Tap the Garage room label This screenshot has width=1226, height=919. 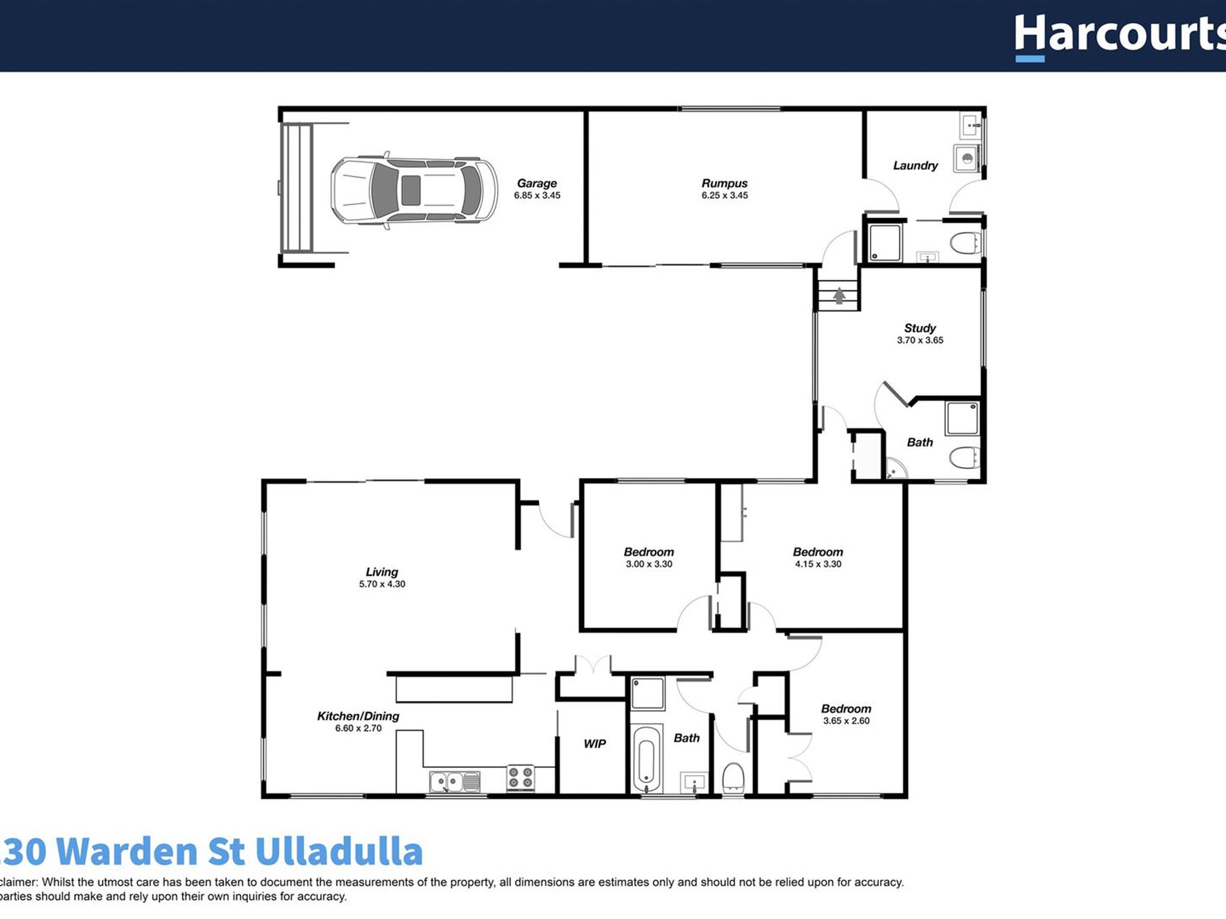click(x=536, y=184)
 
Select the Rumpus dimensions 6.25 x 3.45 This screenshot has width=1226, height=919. click(x=725, y=195)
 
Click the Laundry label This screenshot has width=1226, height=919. click(x=915, y=166)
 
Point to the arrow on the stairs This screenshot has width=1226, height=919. click(x=839, y=296)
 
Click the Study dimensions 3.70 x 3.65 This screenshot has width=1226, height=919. click(x=919, y=341)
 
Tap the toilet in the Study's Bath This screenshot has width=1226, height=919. click(x=965, y=458)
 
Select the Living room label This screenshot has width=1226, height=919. click(x=381, y=572)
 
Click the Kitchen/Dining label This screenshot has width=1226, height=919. click(x=357, y=716)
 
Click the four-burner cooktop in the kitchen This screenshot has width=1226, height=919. click(x=520, y=778)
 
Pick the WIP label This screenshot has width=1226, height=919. click(x=594, y=744)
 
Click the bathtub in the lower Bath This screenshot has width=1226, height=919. click(x=646, y=760)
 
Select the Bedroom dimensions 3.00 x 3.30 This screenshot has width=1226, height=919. click(x=648, y=564)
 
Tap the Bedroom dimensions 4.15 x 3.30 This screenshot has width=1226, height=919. click(x=818, y=564)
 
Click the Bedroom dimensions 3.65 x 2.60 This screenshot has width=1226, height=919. click(x=846, y=721)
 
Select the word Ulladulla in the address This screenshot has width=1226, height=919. click(x=339, y=851)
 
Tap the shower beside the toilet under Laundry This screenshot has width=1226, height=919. click(x=885, y=242)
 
